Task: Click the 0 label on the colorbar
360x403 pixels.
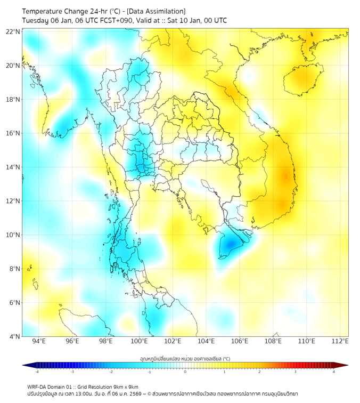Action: [185, 372]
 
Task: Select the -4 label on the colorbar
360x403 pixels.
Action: [36, 372]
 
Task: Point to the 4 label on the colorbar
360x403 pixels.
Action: [334, 372]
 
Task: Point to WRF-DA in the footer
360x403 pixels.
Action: [37, 387]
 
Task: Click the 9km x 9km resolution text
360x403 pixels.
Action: [125, 387]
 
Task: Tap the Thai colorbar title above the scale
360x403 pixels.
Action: [185, 358]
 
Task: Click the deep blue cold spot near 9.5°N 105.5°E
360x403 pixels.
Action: [230, 244]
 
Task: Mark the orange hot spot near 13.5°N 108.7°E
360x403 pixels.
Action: [285, 176]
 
